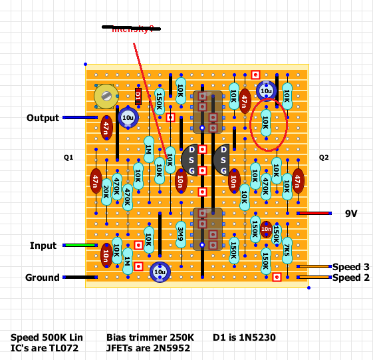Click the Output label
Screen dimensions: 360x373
point(43,118)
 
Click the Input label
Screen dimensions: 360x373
point(43,246)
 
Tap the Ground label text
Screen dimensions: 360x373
point(43,277)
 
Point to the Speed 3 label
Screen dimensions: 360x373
point(350,267)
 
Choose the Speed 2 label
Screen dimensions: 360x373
point(350,277)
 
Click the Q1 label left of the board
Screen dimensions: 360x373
point(68,158)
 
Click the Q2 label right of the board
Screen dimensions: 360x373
point(324,158)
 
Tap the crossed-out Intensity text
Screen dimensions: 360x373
point(132,29)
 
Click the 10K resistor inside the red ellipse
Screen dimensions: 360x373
point(265,122)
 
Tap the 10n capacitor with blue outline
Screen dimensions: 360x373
point(266,229)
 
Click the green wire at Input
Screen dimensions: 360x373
point(79,246)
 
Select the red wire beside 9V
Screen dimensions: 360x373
point(314,214)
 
